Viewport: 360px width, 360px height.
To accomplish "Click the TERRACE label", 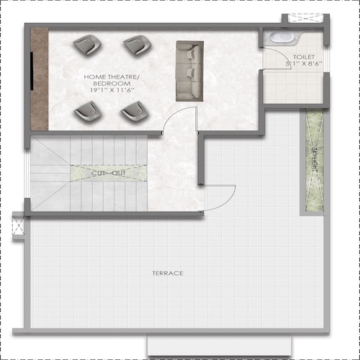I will tap(168, 273).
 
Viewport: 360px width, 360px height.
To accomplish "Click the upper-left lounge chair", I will tap(87, 45).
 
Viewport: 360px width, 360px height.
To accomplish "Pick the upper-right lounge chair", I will tap(135, 45).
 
